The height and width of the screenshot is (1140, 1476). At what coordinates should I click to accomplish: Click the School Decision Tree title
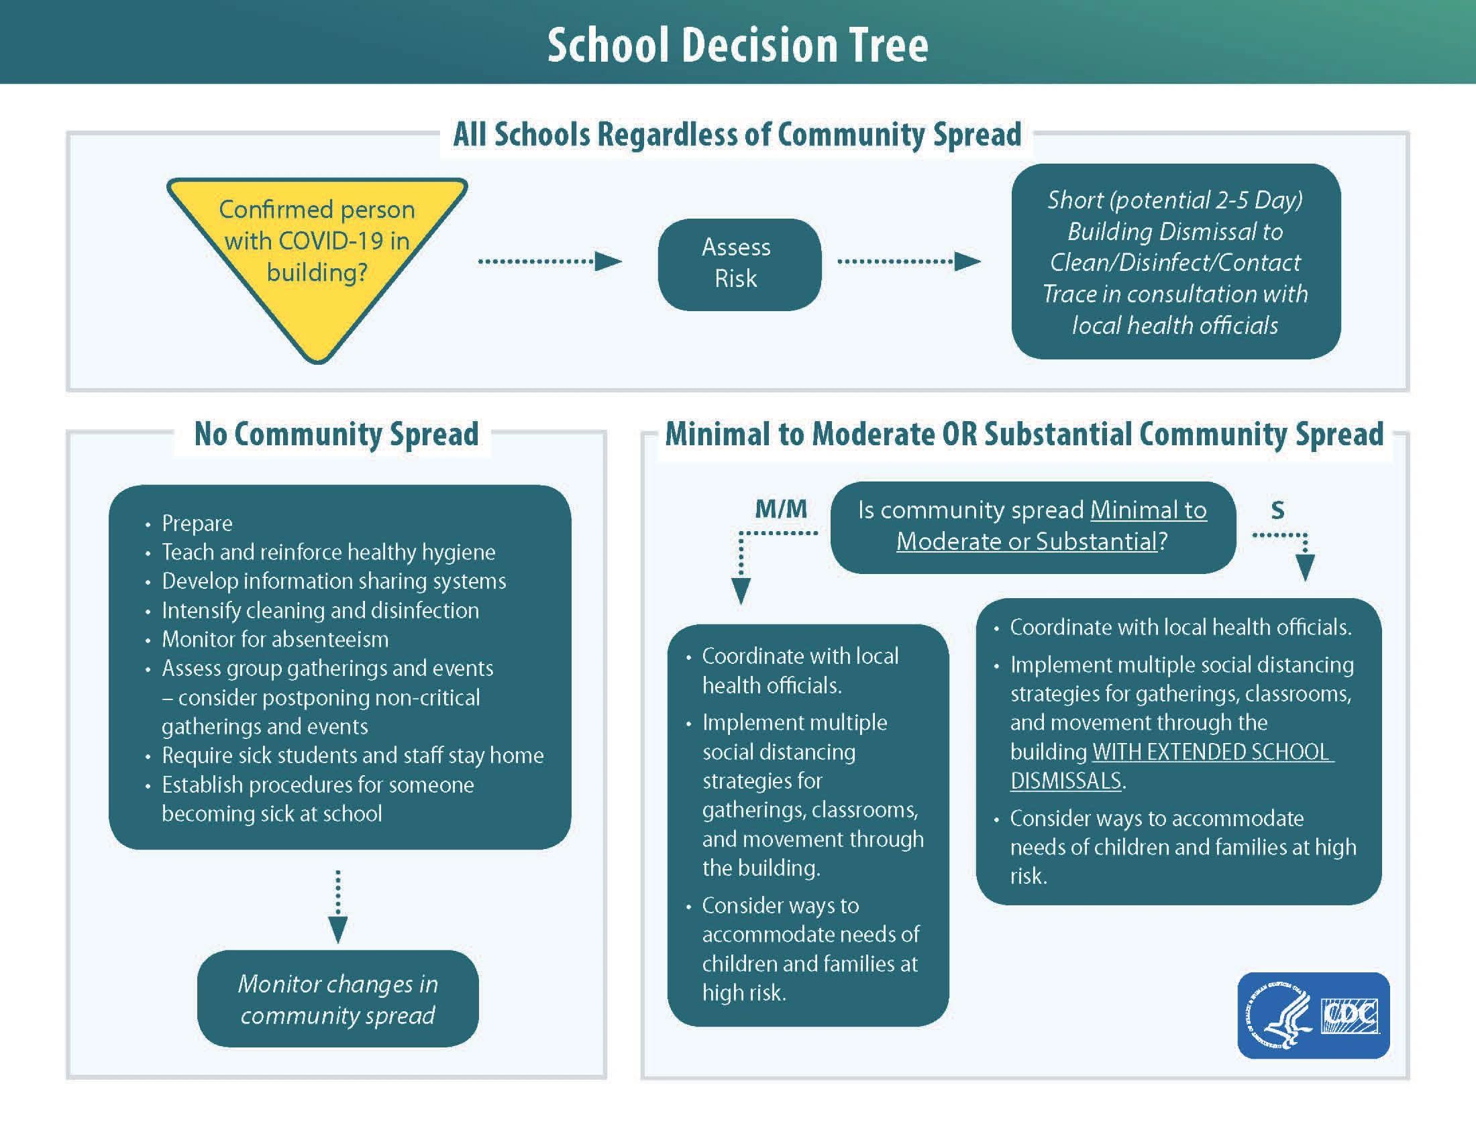(737, 45)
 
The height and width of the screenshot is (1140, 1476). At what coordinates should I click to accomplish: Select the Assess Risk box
(739, 264)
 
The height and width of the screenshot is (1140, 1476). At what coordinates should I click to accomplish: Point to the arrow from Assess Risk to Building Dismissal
(908, 262)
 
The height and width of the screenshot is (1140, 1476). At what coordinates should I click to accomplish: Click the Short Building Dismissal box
(1175, 262)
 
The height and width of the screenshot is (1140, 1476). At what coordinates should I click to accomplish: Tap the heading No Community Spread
(336, 434)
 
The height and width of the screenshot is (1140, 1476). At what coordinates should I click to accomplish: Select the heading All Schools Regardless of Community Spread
(737, 134)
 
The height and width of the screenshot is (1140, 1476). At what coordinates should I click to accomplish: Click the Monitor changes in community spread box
(337, 999)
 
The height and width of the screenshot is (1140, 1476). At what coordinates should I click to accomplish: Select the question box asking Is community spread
(1032, 526)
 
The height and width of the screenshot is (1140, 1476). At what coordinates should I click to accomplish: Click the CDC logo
(1350, 1015)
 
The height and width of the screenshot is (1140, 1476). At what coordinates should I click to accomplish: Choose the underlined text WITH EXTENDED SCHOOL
(1212, 752)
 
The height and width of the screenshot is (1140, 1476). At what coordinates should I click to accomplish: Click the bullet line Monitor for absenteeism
(274, 639)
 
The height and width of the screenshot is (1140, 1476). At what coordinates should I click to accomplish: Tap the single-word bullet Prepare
(197, 524)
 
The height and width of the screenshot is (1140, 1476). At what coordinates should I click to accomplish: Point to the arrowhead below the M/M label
(741, 591)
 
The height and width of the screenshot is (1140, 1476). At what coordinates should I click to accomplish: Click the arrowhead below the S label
(1305, 567)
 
